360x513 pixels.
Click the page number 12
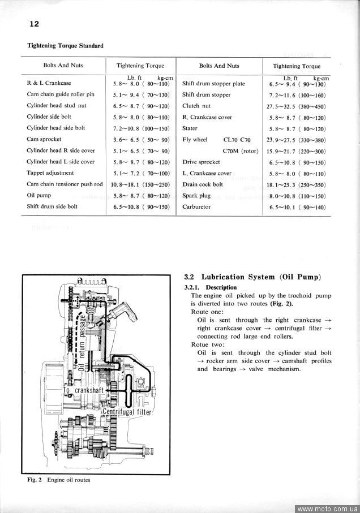(x=35, y=24)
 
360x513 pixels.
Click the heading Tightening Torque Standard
(x=65, y=46)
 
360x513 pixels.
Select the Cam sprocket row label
(x=44, y=139)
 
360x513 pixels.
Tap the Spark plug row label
(x=196, y=196)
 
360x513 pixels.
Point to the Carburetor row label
(x=196, y=207)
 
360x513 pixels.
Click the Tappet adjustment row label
(x=50, y=173)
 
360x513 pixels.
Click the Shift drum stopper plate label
(x=213, y=84)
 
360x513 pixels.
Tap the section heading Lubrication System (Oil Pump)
(x=253, y=277)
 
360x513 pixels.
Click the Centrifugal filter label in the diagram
(x=127, y=412)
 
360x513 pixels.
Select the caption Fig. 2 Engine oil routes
(x=58, y=480)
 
